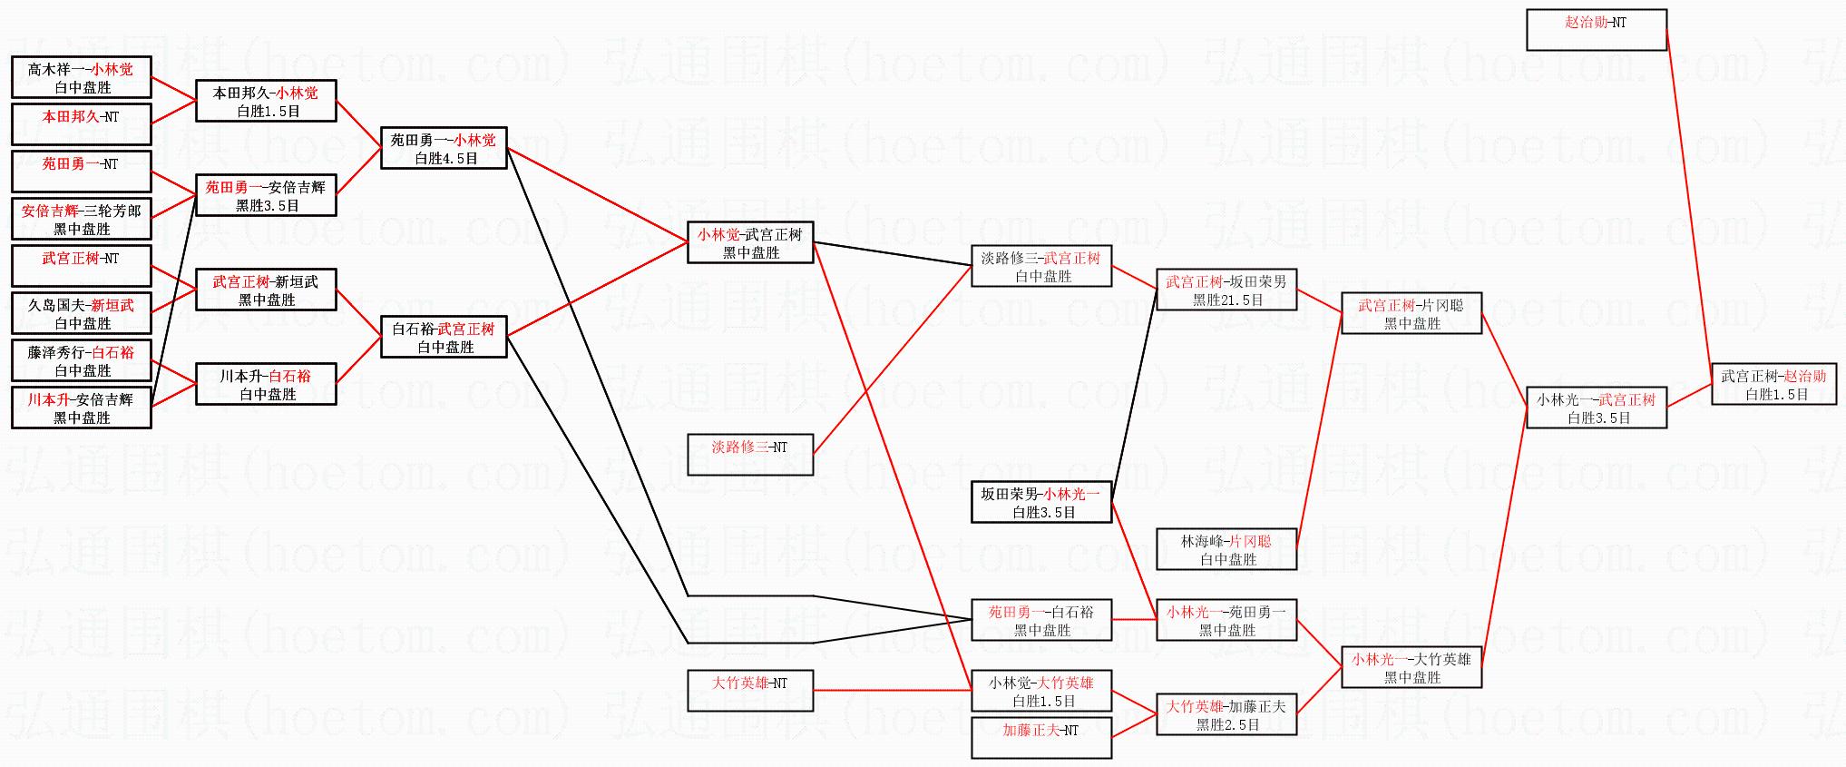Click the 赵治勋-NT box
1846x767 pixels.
pos(1596,30)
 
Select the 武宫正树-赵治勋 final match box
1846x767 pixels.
pos(1773,384)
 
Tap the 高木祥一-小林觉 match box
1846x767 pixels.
pos(81,77)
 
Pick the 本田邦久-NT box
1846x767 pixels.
pos(81,124)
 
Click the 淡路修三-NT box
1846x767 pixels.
pos(749,455)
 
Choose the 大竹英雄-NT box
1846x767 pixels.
pos(749,691)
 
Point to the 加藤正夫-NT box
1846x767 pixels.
pos(1040,738)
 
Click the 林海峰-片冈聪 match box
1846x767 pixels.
pos(1226,549)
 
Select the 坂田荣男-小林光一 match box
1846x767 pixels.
pos(1040,502)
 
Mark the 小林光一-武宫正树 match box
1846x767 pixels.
pos(1596,408)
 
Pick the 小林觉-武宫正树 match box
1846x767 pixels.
pos(749,242)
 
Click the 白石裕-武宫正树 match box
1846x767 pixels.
pos(443,337)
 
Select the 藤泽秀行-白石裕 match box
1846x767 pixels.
pos(81,360)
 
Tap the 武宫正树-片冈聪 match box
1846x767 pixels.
pos(1411,313)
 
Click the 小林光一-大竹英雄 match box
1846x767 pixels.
pos(1411,667)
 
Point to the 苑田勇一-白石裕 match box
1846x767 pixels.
pos(1040,620)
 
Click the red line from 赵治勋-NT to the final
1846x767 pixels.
pos(1689,200)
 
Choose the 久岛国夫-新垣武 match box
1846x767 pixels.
pos(81,313)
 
